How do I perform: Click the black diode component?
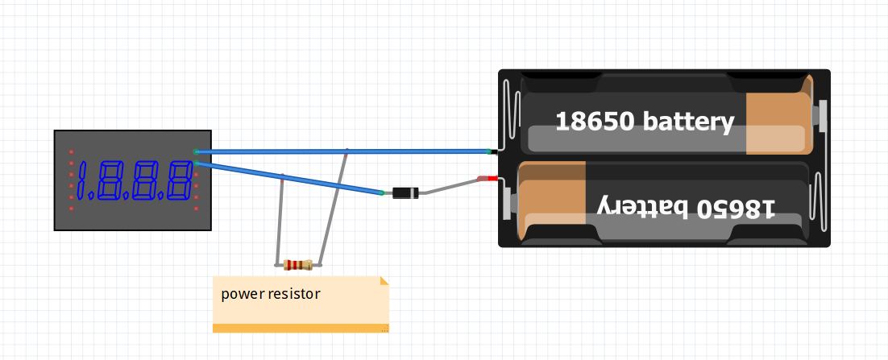405,192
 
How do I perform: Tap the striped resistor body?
298,264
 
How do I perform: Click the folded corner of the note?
384,280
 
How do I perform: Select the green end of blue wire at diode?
381,193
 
